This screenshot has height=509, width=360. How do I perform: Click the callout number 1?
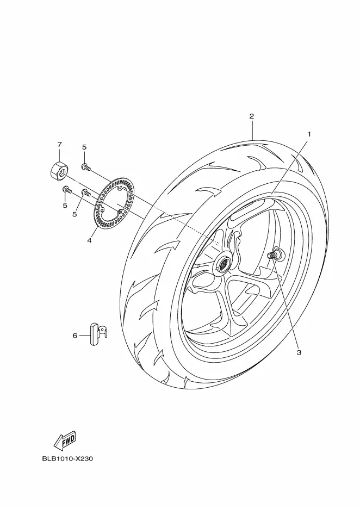click(309, 134)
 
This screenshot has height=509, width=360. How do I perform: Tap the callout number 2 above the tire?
click(252, 116)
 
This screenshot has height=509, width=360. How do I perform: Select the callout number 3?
click(299, 352)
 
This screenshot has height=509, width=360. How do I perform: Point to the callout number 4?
click(89, 240)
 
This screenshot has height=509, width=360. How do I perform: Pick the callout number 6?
click(75, 336)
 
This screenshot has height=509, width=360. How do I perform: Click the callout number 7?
click(59, 144)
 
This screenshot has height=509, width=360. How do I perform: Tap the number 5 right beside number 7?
click(84, 147)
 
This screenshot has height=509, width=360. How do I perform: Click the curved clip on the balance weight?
click(103, 331)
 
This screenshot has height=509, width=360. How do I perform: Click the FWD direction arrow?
click(65, 440)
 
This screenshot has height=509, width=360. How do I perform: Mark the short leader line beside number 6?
click(84, 336)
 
